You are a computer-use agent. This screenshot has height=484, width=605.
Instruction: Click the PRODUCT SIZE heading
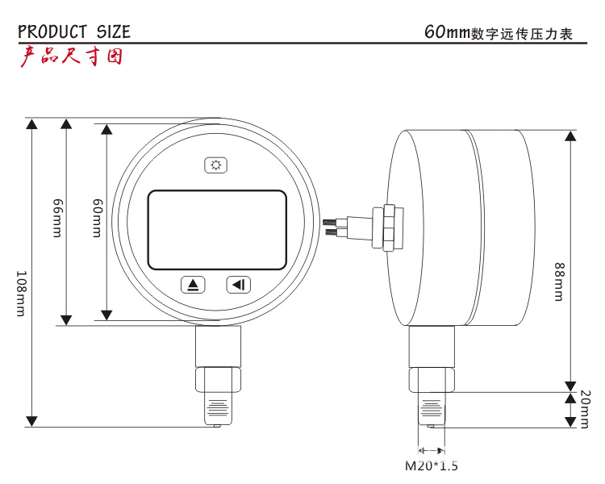(x=73, y=32)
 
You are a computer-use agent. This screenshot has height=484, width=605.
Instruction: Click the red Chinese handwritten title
(x=71, y=56)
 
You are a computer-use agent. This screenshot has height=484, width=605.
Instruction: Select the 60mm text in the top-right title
(x=447, y=33)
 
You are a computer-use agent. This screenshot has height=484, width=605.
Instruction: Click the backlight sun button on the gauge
(x=216, y=165)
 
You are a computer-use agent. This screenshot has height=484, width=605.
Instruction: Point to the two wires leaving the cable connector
(x=332, y=227)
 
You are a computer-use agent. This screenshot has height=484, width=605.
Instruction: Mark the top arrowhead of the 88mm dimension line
(x=570, y=135)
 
